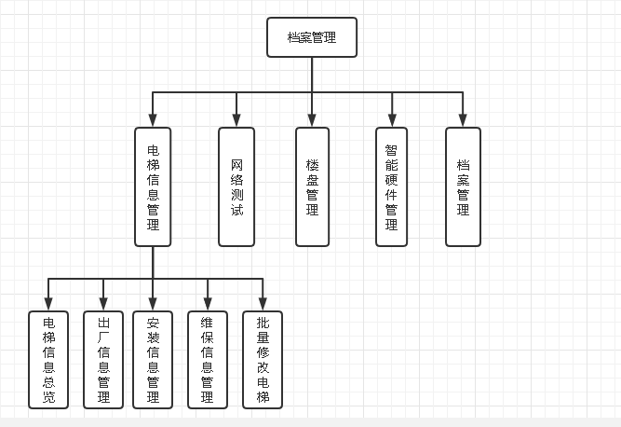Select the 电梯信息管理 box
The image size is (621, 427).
[x=153, y=186]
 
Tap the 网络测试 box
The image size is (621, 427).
[x=236, y=186]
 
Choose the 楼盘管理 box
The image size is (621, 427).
[x=312, y=186]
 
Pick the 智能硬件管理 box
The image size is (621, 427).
[x=391, y=186]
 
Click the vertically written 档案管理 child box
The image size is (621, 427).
[x=463, y=186]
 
